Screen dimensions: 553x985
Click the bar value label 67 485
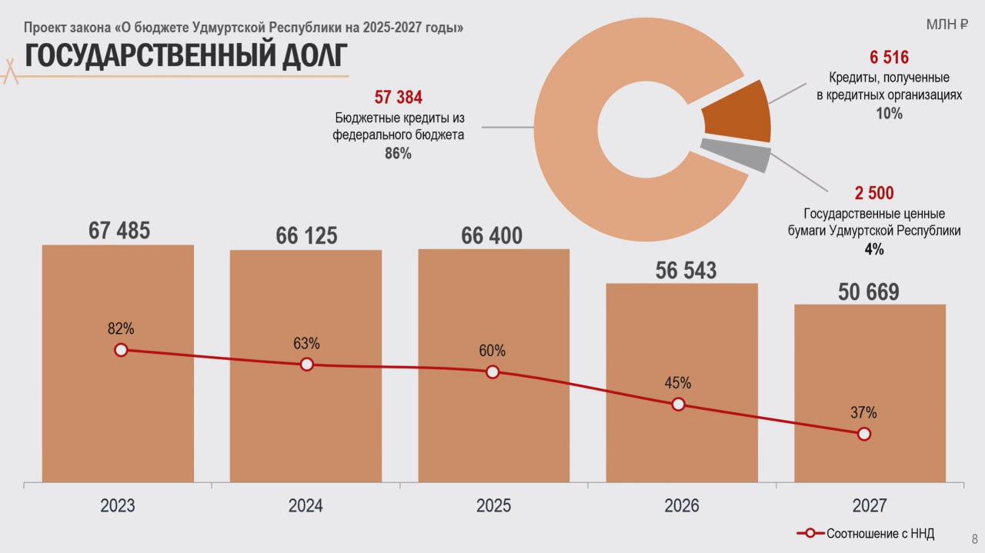point(119,230)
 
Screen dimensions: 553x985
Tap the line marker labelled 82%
point(121,350)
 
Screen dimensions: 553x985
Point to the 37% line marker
point(863,434)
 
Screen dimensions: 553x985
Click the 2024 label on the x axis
point(306,506)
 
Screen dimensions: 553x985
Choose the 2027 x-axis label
point(870,506)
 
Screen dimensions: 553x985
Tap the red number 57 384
point(398,98)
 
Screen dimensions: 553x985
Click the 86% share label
point(398,154)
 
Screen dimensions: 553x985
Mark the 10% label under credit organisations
point(889,114)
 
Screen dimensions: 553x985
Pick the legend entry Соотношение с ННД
point(880,534)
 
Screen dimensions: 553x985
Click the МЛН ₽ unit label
point(947,25)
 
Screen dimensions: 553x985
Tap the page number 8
point(974,538)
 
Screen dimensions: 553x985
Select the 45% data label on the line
point(678,383)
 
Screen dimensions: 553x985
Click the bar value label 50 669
point(869,292)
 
